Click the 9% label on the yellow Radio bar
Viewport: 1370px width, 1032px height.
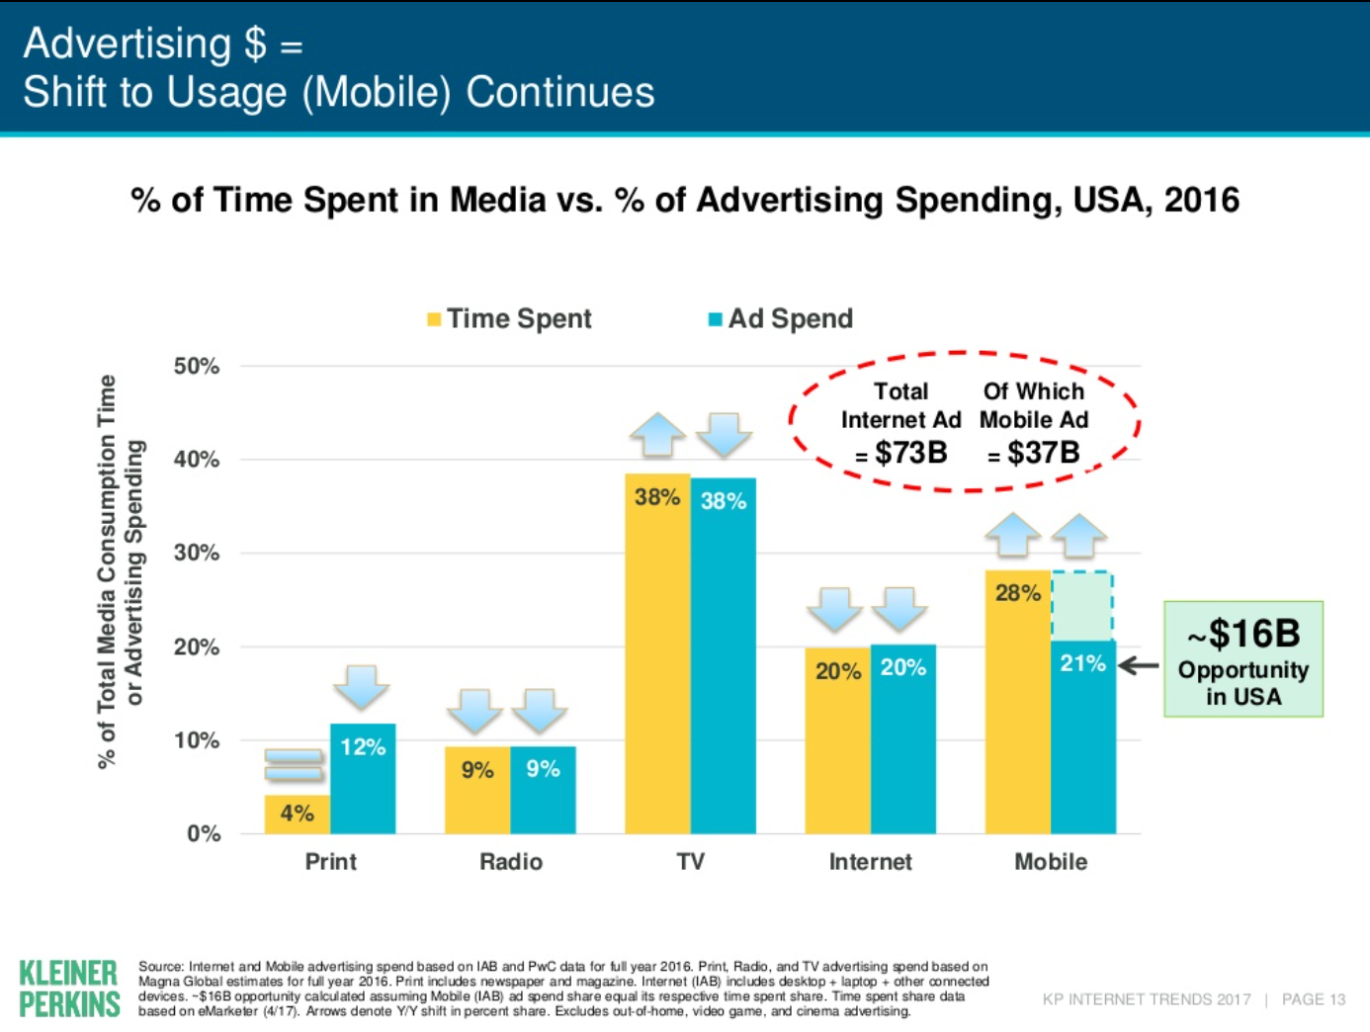click(477, 770)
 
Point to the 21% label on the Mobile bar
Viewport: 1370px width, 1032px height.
click(1082, 663)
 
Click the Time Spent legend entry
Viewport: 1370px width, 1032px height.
click(509, 318)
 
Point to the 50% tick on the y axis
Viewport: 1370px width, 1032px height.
click(197, 366)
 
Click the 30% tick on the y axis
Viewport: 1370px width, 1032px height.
click(197, 553)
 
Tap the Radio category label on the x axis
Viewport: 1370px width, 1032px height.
click(511, 862)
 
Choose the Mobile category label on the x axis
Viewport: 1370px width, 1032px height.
click(1051, 862)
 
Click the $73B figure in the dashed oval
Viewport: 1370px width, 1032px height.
click(910, 453)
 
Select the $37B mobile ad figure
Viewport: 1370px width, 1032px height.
click(1043, 453)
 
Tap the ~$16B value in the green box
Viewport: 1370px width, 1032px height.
click(1243, 634)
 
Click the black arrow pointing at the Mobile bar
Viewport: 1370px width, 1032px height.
click(1139, 665)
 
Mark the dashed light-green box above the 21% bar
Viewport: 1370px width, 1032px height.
click(1082, 606)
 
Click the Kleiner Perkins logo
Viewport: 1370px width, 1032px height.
click(69, 989)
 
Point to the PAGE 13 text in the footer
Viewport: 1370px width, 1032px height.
click(1314, 999)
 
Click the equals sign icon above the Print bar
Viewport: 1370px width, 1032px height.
click(294, 764)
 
